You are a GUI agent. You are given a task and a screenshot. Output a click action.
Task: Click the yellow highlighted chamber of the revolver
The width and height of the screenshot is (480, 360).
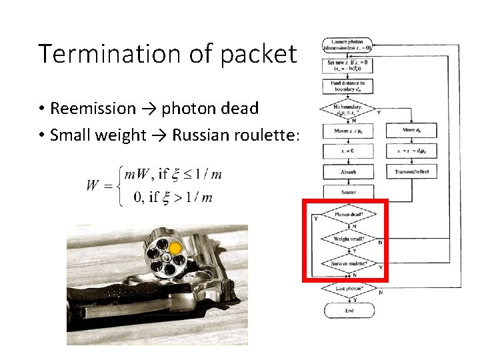click(175, 249)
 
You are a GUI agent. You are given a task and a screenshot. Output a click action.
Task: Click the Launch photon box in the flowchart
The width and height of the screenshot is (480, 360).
click(347, 45)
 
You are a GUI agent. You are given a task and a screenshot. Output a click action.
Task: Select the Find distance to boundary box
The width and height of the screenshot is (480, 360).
click(347, 86)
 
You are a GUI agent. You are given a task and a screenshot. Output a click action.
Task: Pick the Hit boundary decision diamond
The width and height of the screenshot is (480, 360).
click(347, 109)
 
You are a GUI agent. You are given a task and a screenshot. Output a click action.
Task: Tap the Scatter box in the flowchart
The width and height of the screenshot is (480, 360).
click(347, 192)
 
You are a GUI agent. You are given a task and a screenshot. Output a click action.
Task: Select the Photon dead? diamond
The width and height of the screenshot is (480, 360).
click(347, 215)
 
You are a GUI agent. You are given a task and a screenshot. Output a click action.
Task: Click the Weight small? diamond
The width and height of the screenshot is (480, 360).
click(347, 238)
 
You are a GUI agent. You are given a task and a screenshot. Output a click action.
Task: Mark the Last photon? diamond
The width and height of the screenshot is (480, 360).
click(347, 288)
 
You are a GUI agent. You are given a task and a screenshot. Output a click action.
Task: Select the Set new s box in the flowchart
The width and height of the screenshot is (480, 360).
click(347, 65)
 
